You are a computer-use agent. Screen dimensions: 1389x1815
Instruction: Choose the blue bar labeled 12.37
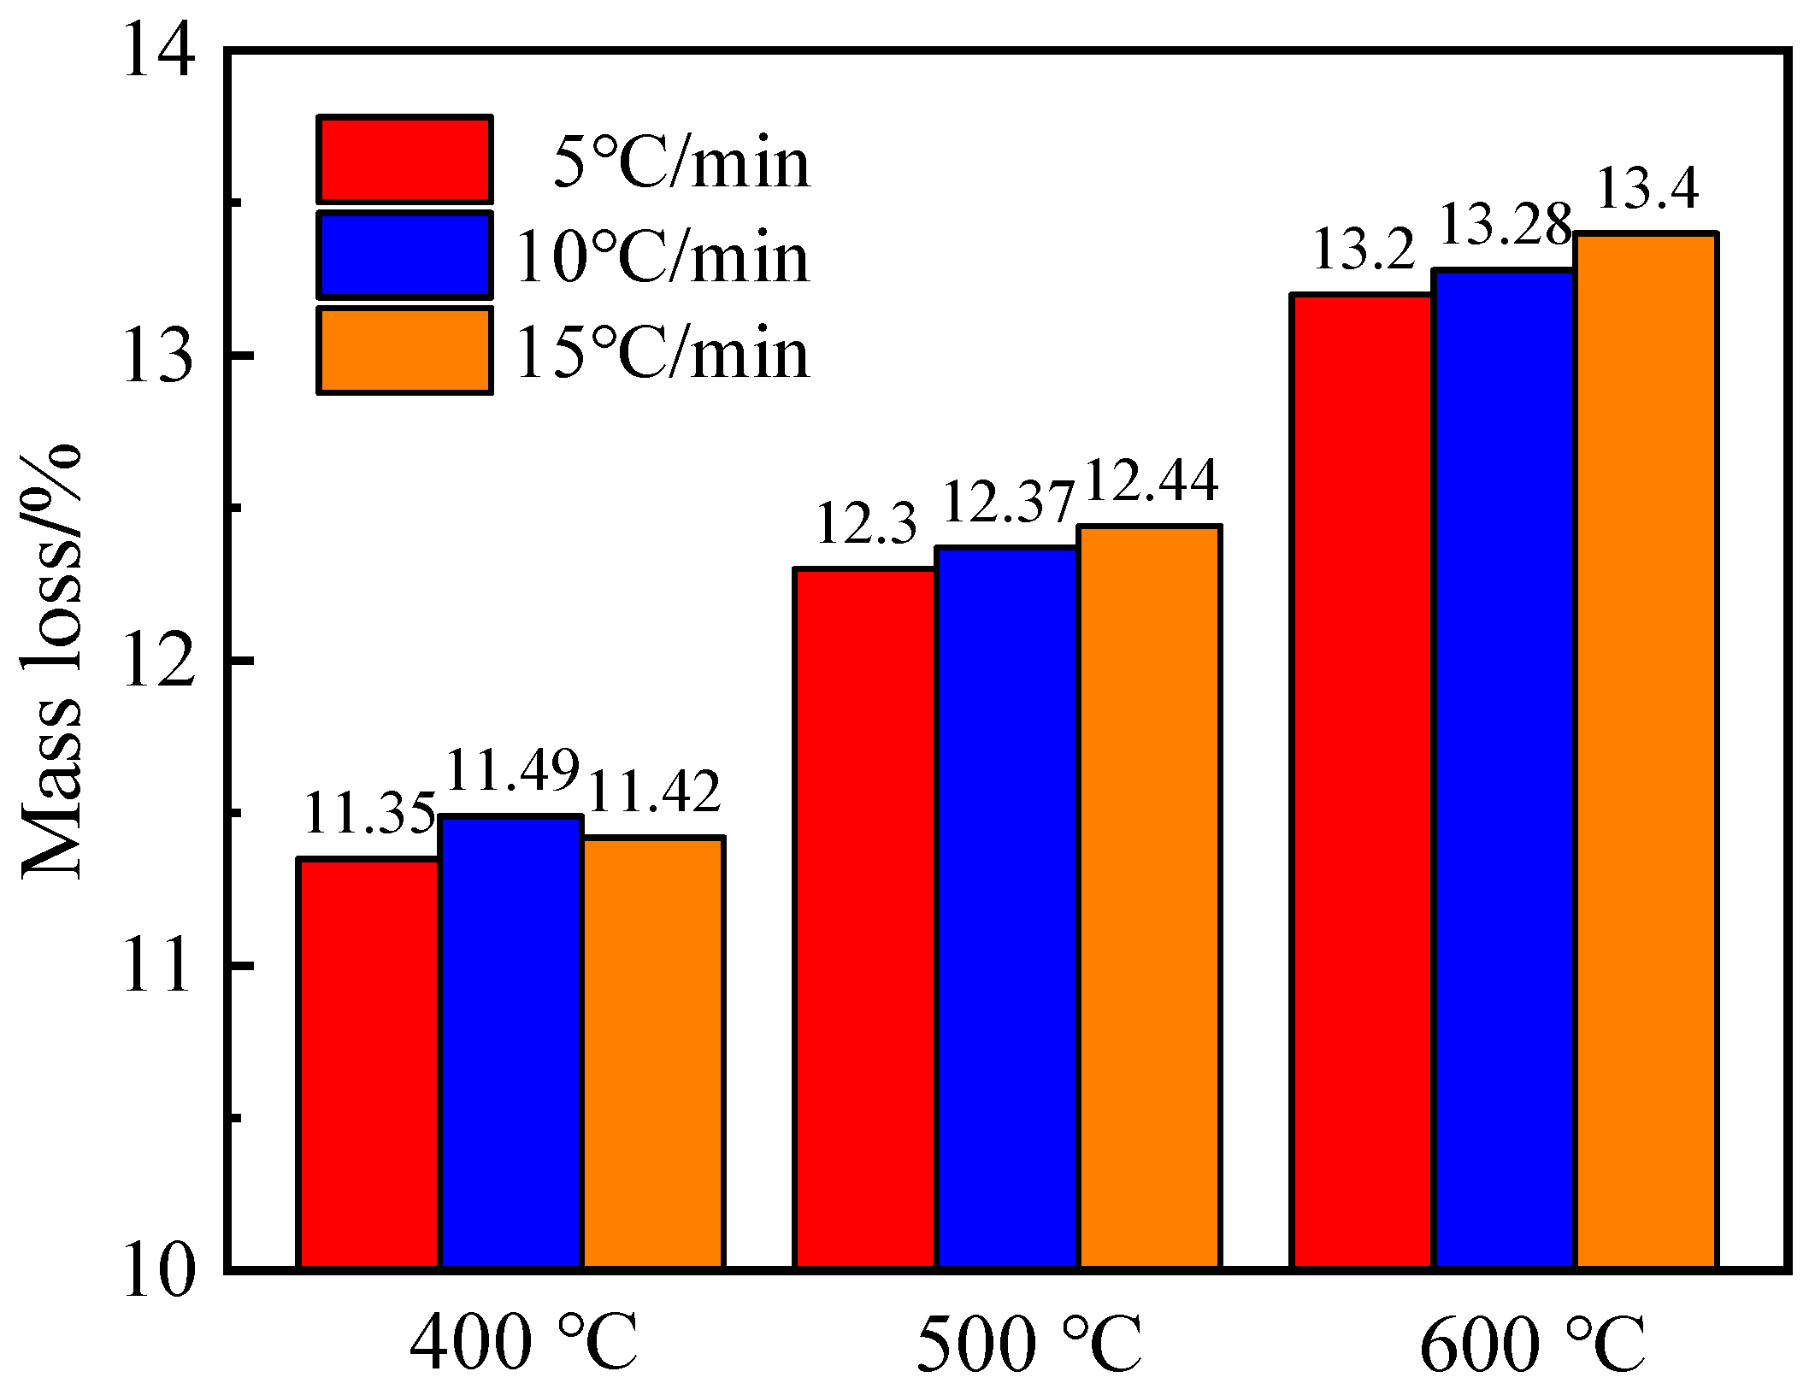pos(1007,907)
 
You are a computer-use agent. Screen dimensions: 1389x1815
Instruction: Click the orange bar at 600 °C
pos(1646,750)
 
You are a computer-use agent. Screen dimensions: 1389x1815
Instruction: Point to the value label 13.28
pos(1506,225)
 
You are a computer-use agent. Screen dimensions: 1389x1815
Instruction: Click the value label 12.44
pos(1151,480)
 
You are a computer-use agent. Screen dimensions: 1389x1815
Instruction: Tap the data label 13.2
pos(1364,250)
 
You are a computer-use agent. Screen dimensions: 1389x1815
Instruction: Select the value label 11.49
pos(513,769)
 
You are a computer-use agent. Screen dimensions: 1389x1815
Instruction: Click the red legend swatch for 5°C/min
pos(404,160)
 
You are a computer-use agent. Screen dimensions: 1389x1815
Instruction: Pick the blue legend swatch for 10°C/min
pos(404,255)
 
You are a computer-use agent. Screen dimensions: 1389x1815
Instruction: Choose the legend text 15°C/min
pos(662,352)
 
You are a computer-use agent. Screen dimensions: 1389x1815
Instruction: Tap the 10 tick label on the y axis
pos(159,1272)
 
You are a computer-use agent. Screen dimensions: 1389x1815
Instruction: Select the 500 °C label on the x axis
pos(1028,1343)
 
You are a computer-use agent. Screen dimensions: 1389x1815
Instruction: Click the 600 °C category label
pos(1532,1343)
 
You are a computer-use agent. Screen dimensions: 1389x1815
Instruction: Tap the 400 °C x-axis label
pos(524,1343)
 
